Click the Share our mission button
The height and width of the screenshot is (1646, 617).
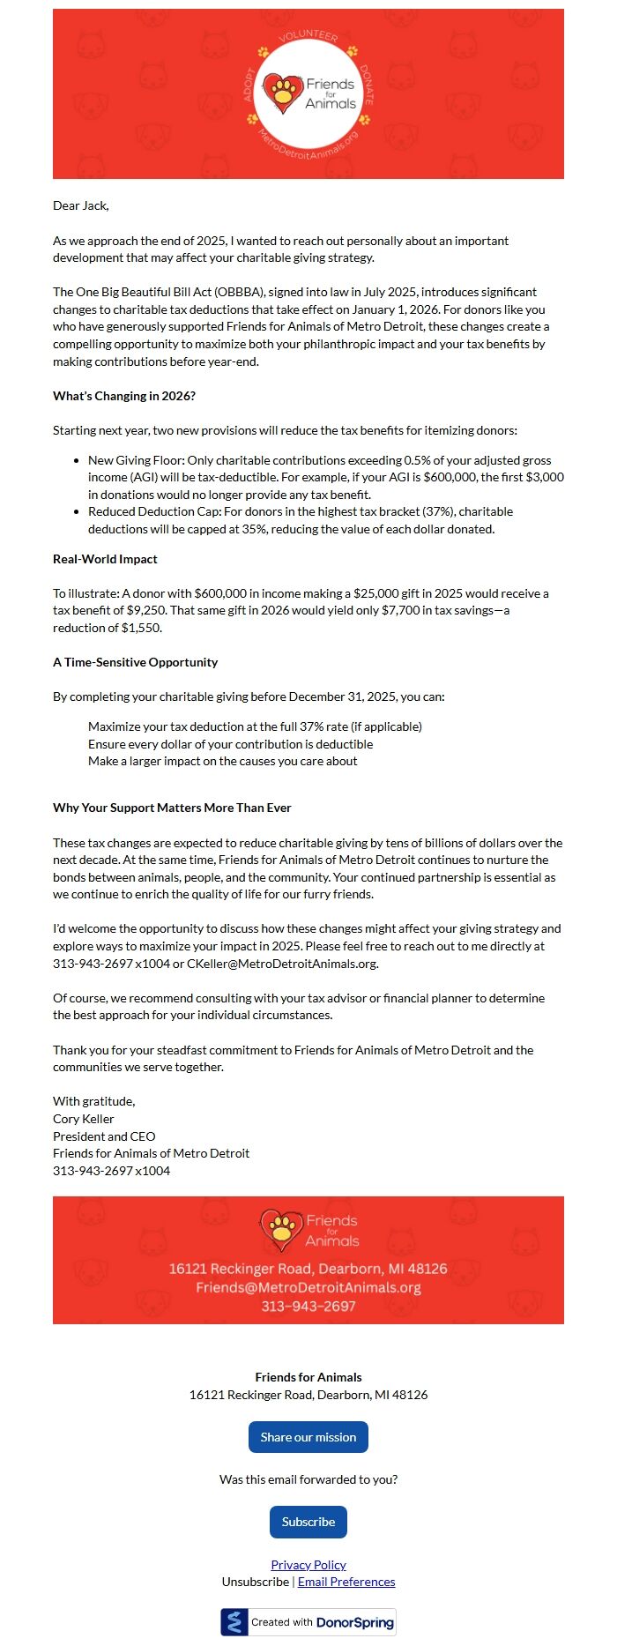tap(308, 1436)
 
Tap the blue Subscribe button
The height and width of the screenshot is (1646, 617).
tap(308, 1521)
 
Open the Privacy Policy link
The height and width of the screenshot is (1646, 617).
tap(308, 1564)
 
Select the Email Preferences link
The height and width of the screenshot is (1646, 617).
tap(346, 1582)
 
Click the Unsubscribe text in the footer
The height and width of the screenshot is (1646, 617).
tap(255, 1582)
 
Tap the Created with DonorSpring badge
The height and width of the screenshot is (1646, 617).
tap(308, 1621)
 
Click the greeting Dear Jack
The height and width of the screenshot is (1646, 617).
tap(81, 205)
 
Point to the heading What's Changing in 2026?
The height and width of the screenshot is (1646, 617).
tap(124, 396)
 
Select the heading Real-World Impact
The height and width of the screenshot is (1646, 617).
tap(105, 559)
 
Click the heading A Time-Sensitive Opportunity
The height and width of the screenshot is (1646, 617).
tap(135, 662)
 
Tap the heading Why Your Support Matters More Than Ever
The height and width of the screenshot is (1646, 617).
tap(172, 808)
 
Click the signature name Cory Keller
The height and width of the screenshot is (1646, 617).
tap(84, 1119)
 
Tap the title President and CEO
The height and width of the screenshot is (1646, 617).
tap(104, 1136)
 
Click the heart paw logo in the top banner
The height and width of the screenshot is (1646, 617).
tap(283, 93)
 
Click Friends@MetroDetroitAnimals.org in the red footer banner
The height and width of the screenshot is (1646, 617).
tap(308, 1287)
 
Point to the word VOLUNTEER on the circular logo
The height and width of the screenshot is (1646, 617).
tap(308, 36)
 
